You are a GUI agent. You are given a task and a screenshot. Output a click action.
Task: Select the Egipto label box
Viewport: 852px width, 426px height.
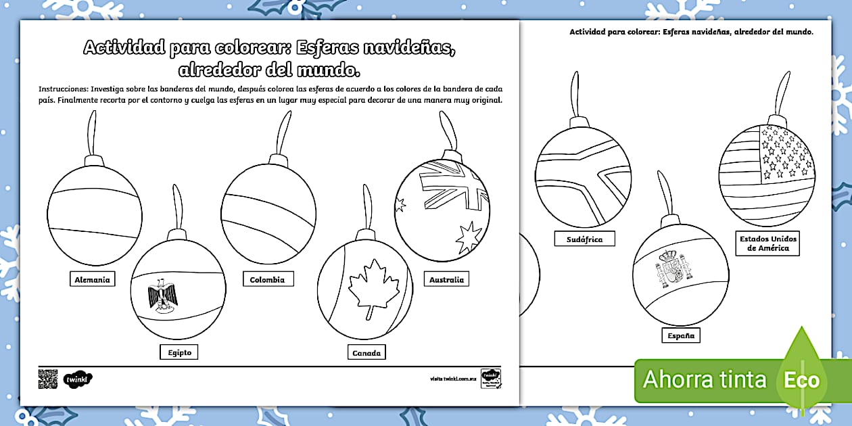point(179,352)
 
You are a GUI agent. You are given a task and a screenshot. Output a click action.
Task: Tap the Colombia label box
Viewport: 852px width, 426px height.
point(267,279)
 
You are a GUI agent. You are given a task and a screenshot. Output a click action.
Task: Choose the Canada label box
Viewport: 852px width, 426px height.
point(366,352)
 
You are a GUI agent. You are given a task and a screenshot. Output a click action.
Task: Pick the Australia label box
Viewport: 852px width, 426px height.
point(446,279)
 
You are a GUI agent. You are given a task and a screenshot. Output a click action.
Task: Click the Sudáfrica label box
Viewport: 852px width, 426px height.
point(585,239)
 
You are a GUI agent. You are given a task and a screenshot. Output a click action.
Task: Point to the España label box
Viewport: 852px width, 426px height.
point(681,335)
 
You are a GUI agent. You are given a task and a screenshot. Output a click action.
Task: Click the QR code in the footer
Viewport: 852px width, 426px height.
point(48,379)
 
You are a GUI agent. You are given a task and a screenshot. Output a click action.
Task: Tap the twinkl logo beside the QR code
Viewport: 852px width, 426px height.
point(77,379)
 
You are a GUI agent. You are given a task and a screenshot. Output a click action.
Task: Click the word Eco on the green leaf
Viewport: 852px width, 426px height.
point(802,380)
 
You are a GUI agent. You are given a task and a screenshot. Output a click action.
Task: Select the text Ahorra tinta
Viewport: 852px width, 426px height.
point(705,379)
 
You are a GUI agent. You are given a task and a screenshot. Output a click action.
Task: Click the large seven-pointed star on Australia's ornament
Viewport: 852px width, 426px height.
point(469,237)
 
